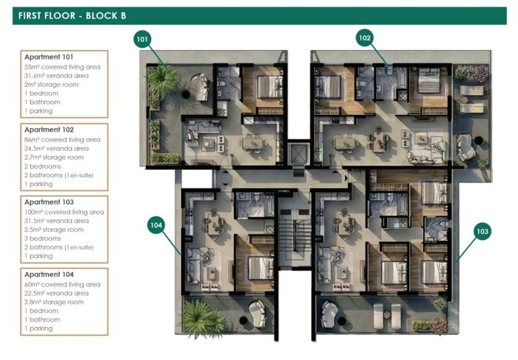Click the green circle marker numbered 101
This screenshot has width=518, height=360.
[142, 39]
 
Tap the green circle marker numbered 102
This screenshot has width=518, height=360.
[365, 38]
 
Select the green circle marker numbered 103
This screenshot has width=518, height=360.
[483, 231]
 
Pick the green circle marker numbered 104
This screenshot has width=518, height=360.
[156, 225]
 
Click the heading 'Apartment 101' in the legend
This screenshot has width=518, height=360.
[49, 57]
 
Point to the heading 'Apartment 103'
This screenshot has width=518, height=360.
[49, 202]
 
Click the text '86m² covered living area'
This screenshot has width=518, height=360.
[62, 140]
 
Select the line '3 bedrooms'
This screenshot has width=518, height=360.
[43, 239]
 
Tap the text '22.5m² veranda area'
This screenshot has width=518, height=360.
[56, 293]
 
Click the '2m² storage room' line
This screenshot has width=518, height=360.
[52, 85]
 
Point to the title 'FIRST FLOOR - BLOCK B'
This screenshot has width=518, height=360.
[72, 16]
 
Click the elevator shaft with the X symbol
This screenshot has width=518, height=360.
[298, 154]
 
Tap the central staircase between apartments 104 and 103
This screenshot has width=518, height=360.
[294, 231]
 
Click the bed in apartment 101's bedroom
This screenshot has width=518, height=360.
[270, 87]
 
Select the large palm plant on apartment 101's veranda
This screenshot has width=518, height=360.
[162, 80]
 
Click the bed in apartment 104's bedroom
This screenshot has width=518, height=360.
[261, 268]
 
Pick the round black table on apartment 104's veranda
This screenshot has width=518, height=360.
[244, 320]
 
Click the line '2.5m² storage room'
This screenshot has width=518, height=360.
[54, 230]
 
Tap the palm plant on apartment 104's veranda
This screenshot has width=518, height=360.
[202, 319]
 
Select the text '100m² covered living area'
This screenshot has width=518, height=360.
[64, 212]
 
